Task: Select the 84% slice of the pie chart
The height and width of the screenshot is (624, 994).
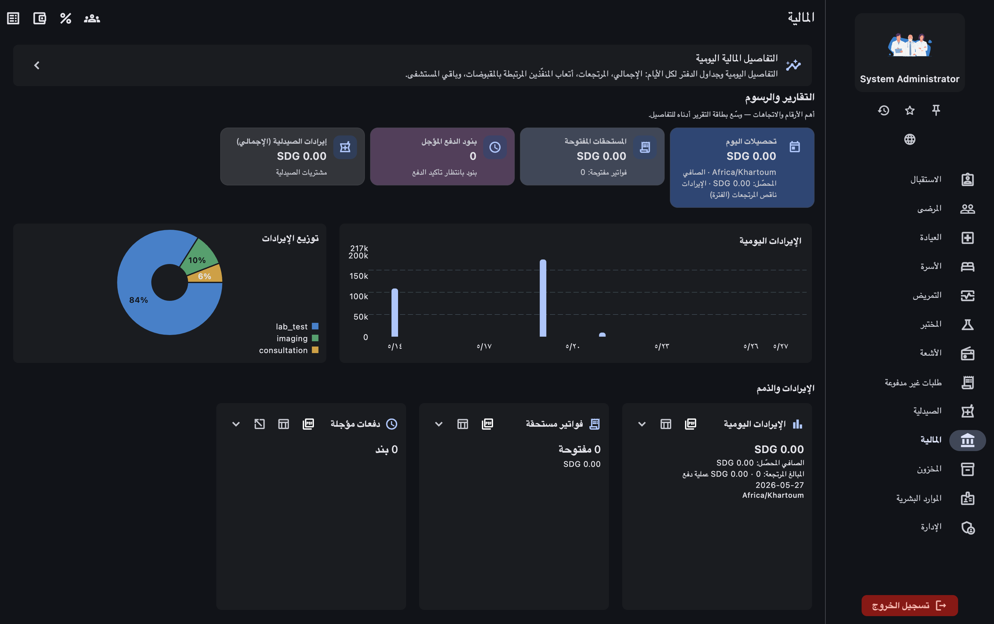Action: [x=149, y=305]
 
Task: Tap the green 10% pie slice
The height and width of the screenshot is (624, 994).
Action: [x=199, y=257]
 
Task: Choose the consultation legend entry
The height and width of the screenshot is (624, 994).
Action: [x=288, y=350]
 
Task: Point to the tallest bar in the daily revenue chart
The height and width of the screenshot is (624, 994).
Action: [x=543, y=298]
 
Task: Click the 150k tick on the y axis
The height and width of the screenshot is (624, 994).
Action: [x=359, y=276]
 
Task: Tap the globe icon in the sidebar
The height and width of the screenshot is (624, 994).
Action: [x=910, y=139]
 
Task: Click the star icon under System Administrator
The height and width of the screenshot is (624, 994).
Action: [x=910, y=110]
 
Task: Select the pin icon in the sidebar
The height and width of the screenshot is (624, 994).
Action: [x=936, y=110]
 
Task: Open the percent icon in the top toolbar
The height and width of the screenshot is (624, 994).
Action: [x=66, y=18]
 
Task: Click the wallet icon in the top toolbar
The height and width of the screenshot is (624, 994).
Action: [x=40, y=18]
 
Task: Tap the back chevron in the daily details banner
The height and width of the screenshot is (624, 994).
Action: [x=37, y=65]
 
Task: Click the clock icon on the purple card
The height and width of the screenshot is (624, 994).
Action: [x=495, y=147]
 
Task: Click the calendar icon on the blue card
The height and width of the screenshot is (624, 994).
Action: [x=794, y=147]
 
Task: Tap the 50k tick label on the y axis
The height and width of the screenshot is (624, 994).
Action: [x=361, y=317]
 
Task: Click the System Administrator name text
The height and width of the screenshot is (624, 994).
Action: [x=910, y=79]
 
